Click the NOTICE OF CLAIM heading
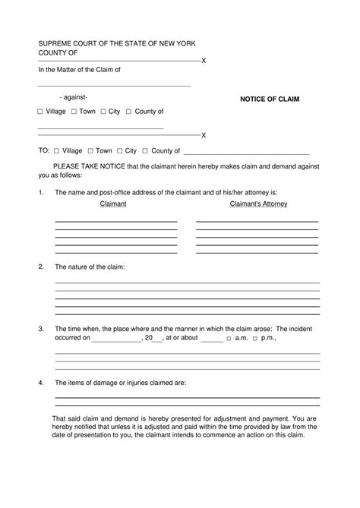[270, 99]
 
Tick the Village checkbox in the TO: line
[55, 151]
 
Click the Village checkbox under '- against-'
[40, 112]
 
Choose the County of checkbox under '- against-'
[128, 112]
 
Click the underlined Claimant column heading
[112, 204]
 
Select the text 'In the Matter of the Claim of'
[80, 70]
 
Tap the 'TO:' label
[44, 151]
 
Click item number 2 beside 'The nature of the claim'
[41, 267]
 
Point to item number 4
[41, 382]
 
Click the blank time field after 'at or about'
[211, 338]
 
